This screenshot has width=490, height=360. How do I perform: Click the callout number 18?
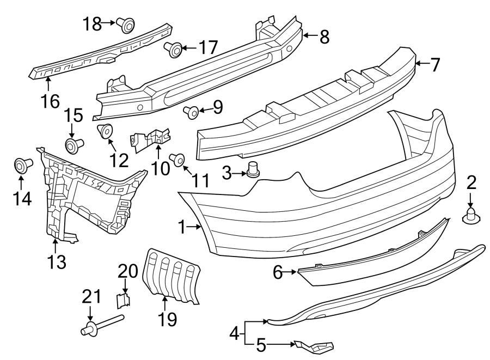[92, 23]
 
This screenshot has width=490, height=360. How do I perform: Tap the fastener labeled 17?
[175, 50]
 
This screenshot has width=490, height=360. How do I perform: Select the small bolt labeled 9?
[191, 112]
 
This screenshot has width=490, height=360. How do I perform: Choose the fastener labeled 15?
[73, 145]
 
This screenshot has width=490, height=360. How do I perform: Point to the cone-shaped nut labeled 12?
[105, 132]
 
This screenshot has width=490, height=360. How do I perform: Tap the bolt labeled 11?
[177, 159]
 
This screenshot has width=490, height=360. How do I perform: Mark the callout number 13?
[55, 263]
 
